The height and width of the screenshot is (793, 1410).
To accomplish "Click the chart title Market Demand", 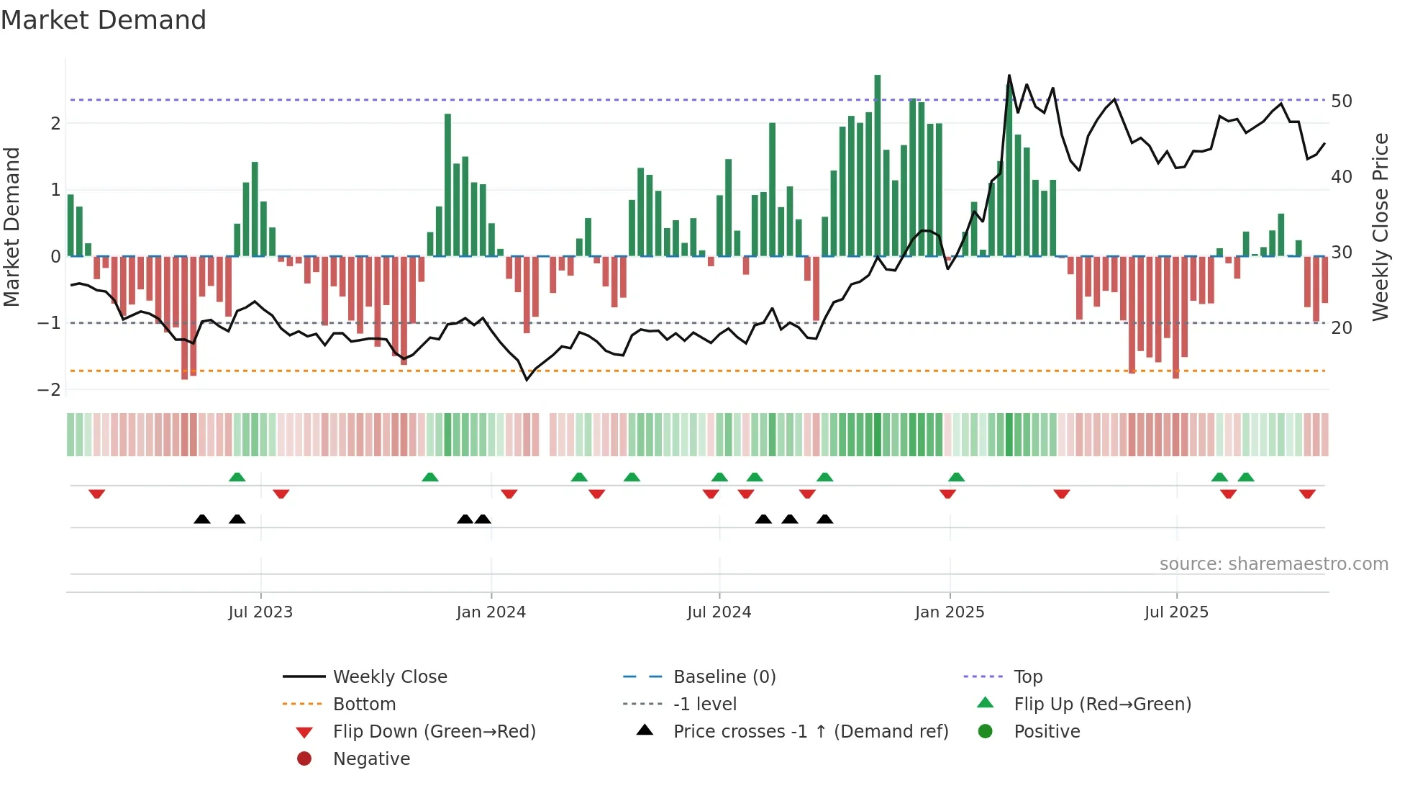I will click(x=104, y=20).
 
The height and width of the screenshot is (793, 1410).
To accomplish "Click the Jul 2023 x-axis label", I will click(x=260, y=612).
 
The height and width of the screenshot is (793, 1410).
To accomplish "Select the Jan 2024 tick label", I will click(x=491, y=612).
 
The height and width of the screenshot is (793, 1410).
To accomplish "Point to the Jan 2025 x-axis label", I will click(x=949, y=612).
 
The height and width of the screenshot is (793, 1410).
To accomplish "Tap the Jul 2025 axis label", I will click(x=1176, y=612).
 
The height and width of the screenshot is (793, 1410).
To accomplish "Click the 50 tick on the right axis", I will click(x=1342, y=101).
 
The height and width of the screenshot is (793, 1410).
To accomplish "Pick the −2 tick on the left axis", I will click(x=50, y=390).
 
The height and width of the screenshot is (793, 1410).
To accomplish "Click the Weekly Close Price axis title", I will click(x=1380, y=227).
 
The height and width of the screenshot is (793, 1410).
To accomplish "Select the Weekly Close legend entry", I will click(x=389, y=677).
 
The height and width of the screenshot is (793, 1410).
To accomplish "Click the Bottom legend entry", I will click(x=364, y=704).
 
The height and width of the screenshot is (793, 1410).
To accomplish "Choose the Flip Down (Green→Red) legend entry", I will click(x=434, y=732).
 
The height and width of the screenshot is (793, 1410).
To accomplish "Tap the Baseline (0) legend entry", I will click(x=724, y=677).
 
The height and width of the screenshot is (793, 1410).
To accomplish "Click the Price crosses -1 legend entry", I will click(x=810, y=732).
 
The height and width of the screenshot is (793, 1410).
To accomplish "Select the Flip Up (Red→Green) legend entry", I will click(x=1102, y=704).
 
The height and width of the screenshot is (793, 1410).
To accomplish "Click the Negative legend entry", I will click(x=371, y=759).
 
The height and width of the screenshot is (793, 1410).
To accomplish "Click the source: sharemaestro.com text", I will click(x=1273, y=564).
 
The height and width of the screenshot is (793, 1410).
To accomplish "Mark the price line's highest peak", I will click(x=1009, y=76).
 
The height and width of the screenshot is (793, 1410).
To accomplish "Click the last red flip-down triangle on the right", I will click(x=1307, y=494).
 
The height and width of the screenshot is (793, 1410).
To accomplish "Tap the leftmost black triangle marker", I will click(x=202, y=519).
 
